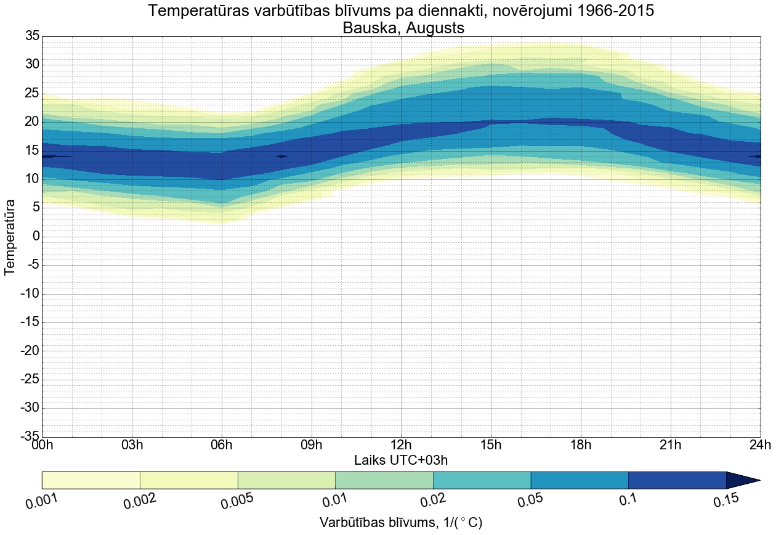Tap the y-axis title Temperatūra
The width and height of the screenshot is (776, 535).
pyautogui.click(x=10, y=237)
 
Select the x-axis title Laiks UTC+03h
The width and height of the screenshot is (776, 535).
pyautogui.click(x=400, y=460)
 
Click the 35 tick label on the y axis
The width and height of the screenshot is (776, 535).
pyautogui.click(x=32, y=36)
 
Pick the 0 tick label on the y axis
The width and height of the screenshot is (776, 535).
pyautogui.click(x=36, y=237)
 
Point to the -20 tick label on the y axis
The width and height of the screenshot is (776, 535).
pyautogui.click(x=30, y=351)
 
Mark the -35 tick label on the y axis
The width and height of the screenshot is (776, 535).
pyautogui.click(x=30, y=436)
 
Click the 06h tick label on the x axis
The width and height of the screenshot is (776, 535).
pyautogui.click(x=222, y=445)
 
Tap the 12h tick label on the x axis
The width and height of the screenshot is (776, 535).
pyautogui.click(x=401, y=445)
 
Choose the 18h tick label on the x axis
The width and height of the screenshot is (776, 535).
pyautogui.click(x=581, y=445)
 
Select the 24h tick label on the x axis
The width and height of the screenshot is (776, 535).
pyautogui.click(x=760, y=445)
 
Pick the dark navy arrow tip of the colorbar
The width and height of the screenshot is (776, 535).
pyautogui.click(x=742, y=480)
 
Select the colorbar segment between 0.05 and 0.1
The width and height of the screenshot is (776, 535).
pyautogui.click(x=580, y=480)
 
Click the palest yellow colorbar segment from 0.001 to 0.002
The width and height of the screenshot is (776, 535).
pyautogui.click(x=91, y=480)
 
